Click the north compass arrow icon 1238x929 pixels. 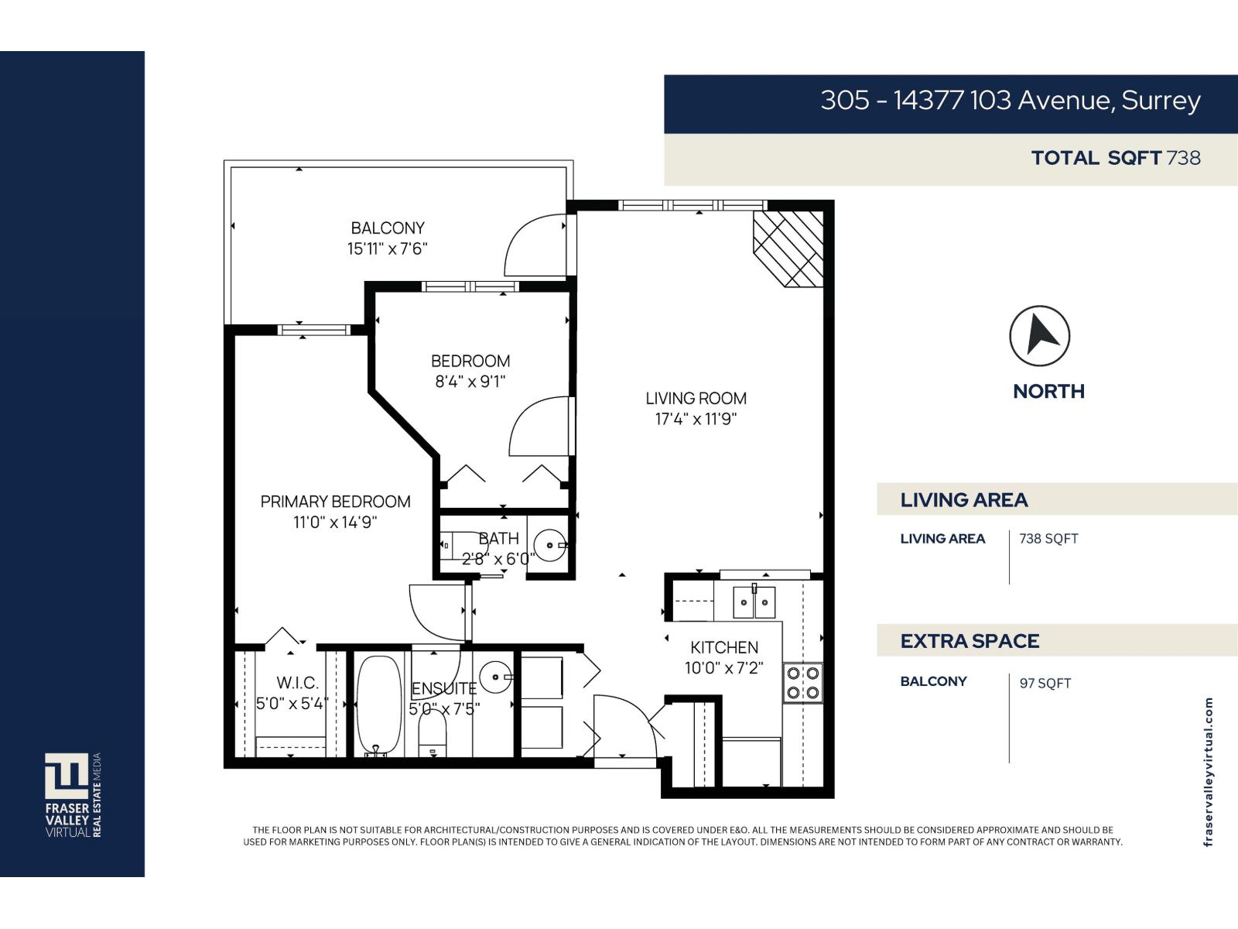[1039, 336]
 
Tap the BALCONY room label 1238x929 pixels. [388, 228]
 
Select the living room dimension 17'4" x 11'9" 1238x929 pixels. [696, 419]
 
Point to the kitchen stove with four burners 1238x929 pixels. [802, 683]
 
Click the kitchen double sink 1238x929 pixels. [754, 602]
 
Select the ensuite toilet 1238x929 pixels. [433, 732]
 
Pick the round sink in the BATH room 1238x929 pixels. [550, 545]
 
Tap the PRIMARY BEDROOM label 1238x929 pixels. [335, 502]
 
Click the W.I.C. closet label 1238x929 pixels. [297, 683]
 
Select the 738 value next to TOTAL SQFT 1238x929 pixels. [1183, 158]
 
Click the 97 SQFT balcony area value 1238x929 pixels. [1045, 683]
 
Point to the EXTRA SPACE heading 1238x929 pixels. [970, 641]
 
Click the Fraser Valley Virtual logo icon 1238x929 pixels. [66, 775]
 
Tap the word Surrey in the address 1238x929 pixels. [1161, 101]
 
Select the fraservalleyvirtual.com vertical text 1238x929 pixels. [1208, 772]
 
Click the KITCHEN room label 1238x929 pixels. [724, 647]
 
